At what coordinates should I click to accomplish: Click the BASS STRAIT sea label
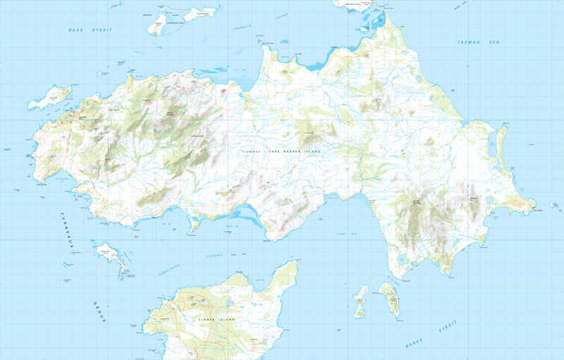tap(91, 30)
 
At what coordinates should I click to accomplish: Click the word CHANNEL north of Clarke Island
tap(214, 255)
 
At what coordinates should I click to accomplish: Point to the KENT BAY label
tap(343, 233)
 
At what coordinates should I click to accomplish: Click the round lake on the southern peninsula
tap(402, 261)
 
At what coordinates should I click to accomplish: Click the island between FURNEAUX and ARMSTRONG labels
tap(111, 256)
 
